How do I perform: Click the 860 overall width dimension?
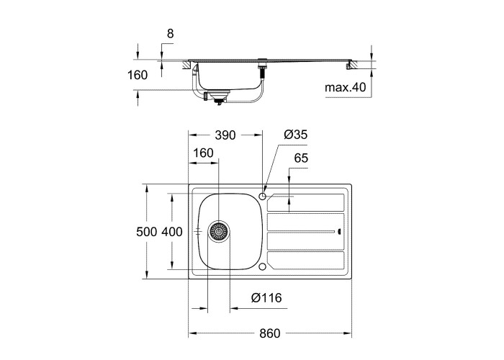[270, 333]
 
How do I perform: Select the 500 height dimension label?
[147, 232]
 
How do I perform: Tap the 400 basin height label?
[172, 232]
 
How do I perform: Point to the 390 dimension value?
[225, 135]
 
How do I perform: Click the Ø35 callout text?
[296, 135]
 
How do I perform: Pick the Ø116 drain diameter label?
[266, 298]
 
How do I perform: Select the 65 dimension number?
[301, 158]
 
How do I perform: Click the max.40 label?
[345, 87]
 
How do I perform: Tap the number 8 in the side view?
[171, 33]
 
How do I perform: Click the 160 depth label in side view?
[138, 75]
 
